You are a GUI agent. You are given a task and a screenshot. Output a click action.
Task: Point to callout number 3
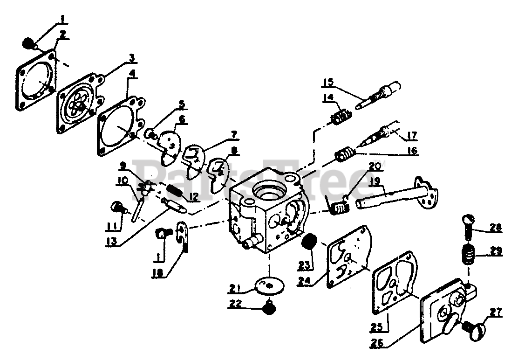click(132, 58)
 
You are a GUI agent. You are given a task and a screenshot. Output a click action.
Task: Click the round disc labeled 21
click(271, 285)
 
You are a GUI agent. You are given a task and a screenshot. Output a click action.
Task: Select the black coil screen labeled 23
click(308, 243)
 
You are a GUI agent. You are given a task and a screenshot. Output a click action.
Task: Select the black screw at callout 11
click(116, 207)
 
